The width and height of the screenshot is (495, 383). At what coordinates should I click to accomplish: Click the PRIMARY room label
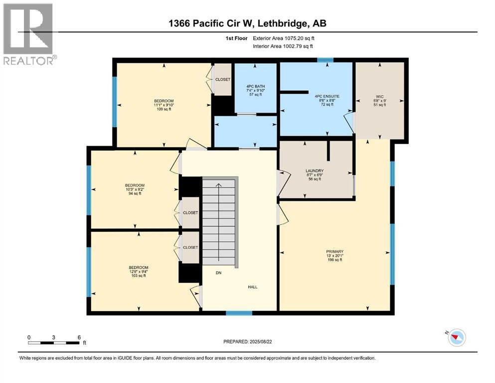click(334, 251)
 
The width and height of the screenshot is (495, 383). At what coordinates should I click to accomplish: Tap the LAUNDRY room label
click(315, 171)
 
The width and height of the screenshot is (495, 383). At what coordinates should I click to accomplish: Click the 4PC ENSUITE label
click(317, 96)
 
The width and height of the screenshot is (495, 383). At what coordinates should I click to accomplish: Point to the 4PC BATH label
click(256, 86)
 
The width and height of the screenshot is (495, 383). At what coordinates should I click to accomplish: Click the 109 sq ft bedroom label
click(164, 101)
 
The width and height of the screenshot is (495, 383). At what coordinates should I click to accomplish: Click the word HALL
click(253, 287)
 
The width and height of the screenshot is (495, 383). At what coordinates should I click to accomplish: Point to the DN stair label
click(218, 273)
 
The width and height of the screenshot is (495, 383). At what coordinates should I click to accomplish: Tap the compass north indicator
click(456, 338)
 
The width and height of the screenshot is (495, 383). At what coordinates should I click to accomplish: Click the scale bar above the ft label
click(54, 343)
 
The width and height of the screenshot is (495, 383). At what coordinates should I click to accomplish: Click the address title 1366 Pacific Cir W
click(247, 23)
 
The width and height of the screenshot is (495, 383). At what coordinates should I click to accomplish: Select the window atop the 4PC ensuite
click(326, 60)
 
